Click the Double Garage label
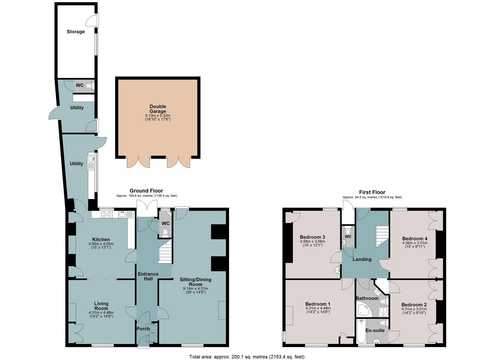[158, 109]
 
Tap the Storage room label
[76, 32]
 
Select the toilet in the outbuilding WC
[90, 86]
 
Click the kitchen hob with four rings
[107, 214]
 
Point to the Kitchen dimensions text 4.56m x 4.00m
[101, 244]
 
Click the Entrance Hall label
[148, 276]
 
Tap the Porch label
[143, 329]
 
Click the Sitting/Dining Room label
[195, 282]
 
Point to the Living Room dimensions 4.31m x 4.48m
[101, 312]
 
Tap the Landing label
[362, 259]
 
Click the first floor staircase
[382, 236]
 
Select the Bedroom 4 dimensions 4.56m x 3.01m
[415, 243]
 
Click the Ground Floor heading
[146, 191]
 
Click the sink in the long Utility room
[91, 159]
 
